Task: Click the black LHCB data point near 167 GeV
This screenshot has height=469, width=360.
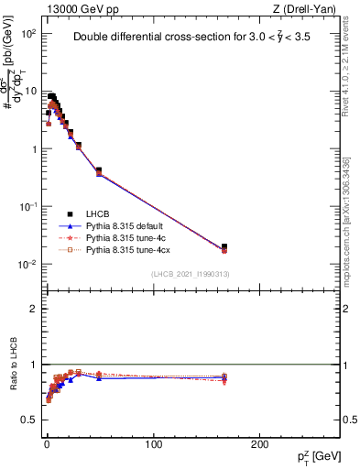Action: (x=224, y=246)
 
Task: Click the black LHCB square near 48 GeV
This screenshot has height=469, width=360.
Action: (x=98, y=170)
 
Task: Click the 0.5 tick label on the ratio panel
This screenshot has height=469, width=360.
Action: (x=28, y=420)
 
